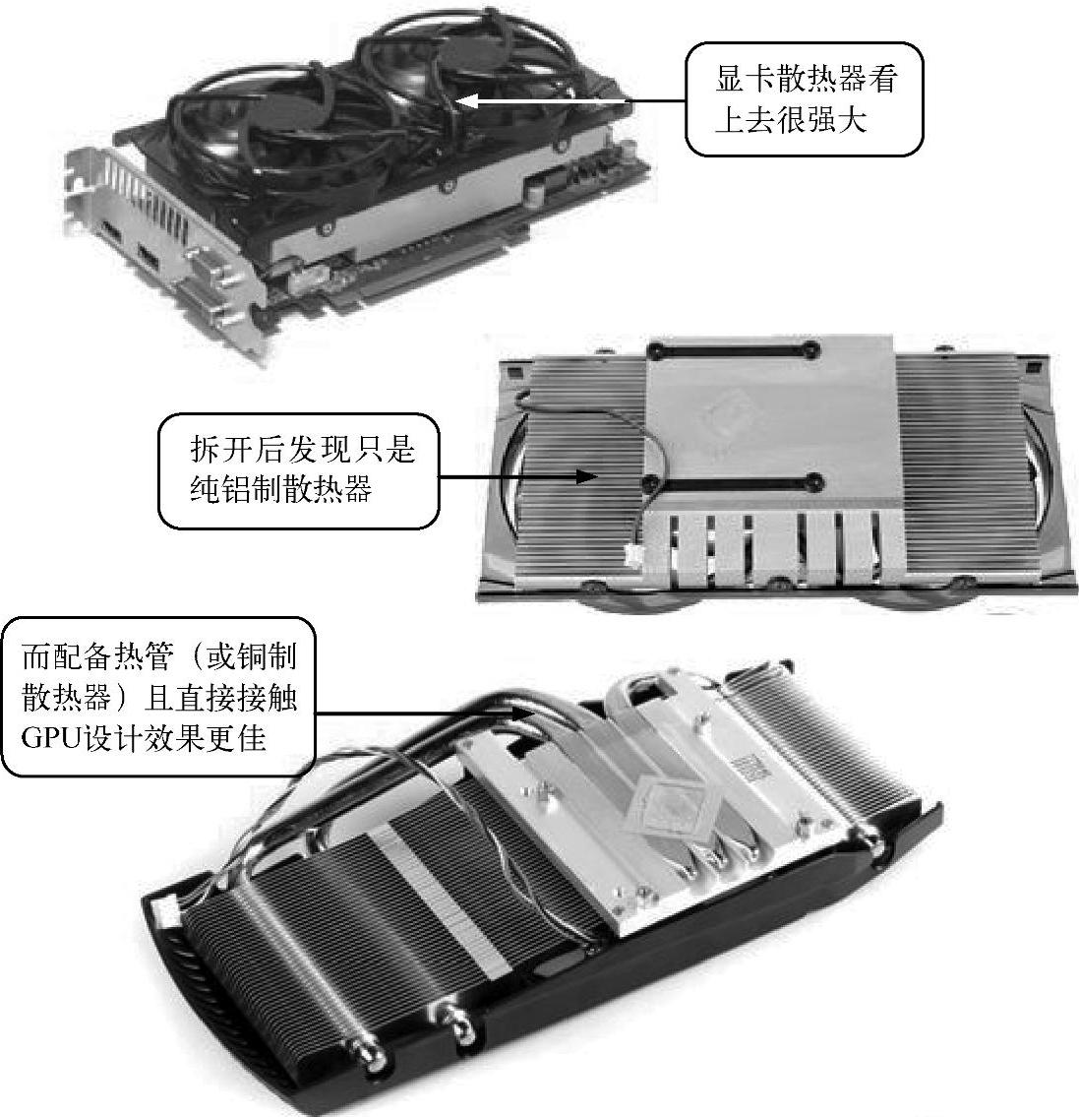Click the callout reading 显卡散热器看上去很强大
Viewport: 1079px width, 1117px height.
tap(804, 99)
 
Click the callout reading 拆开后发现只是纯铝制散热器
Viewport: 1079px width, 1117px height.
tap(298, 470)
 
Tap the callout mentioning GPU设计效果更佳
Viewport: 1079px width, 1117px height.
tap(158, 697)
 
